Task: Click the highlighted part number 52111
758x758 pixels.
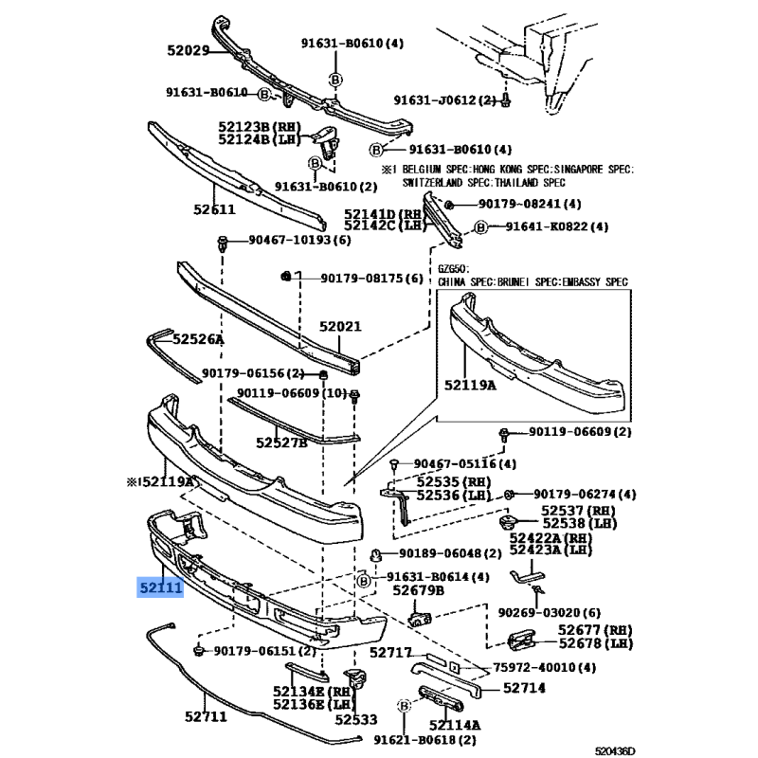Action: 159,588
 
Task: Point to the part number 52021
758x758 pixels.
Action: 340,327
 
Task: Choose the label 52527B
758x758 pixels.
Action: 281,442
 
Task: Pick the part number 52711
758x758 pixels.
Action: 206,716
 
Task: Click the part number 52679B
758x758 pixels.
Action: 419,590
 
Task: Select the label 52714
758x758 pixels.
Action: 524,689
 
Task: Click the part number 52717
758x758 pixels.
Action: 390,653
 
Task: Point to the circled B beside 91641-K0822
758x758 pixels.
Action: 480,227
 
